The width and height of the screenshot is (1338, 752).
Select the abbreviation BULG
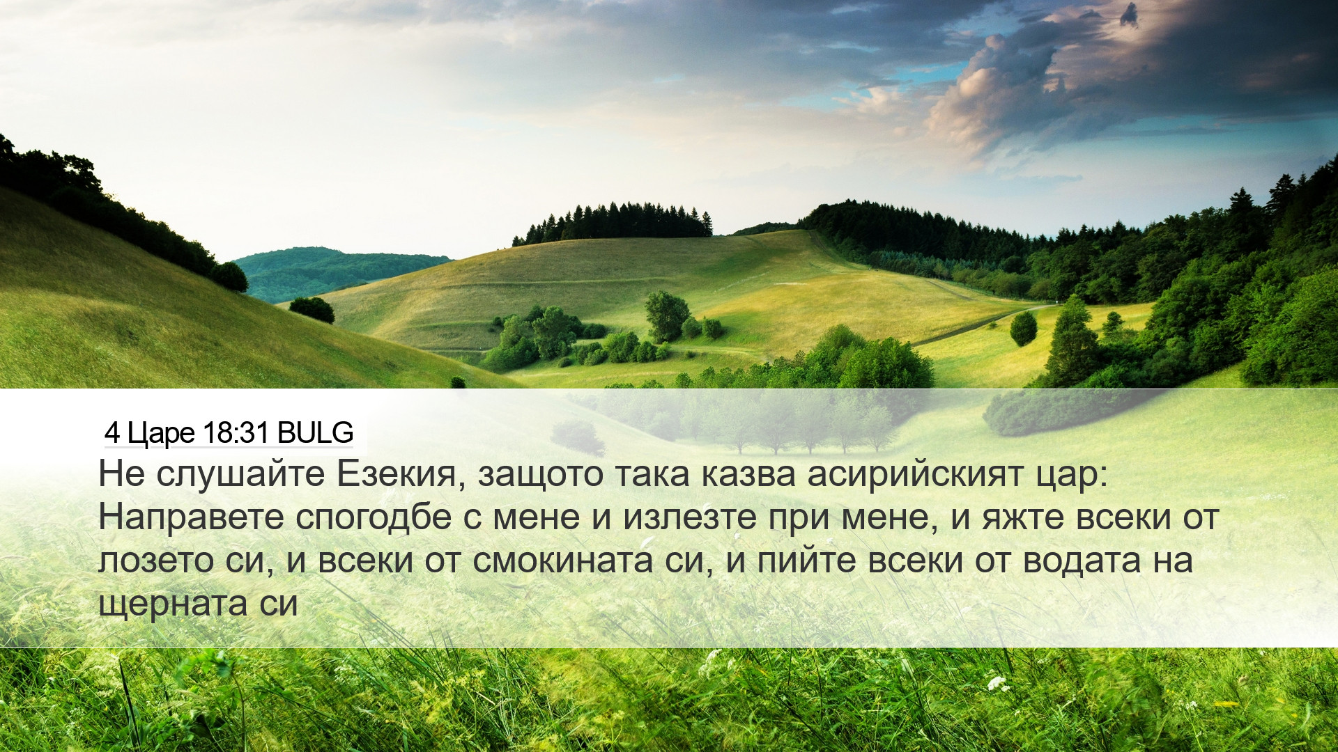pos(315,433)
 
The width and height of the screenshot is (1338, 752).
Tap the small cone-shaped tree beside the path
pos(1023,329)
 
